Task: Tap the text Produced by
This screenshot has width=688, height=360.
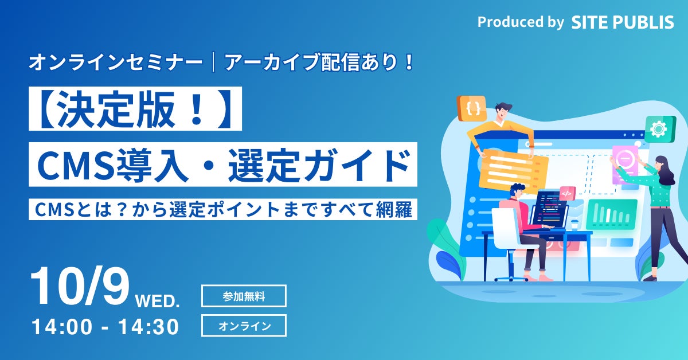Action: click(x=521, y=22)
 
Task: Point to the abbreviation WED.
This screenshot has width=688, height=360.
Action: click(x=158, y=300)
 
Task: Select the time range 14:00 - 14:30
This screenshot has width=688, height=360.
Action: click(x=105, y=327)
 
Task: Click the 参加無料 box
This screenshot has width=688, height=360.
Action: click(x=244, y=296)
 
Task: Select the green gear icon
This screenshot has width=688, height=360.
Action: click(x=659, y=130)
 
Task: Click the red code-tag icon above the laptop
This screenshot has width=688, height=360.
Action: click(x=566, y=193)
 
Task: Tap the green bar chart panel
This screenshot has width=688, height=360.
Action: click(x=612, y=214)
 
